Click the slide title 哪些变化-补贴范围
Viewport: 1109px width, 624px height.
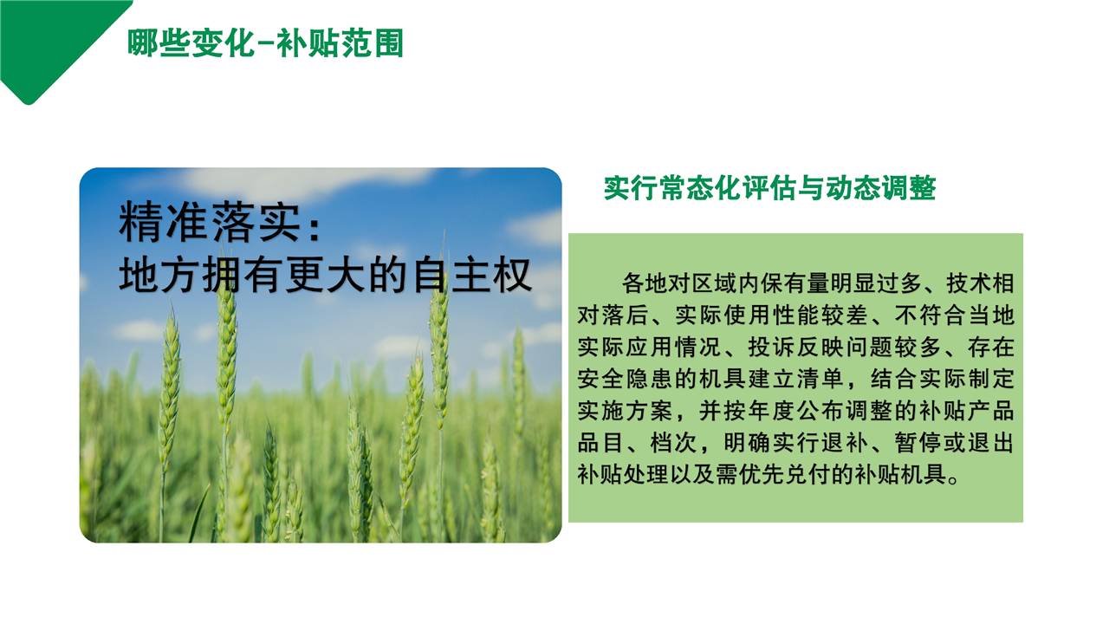point(265,43)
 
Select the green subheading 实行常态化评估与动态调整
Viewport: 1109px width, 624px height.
point(770,188)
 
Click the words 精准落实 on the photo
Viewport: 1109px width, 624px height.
point(210,223)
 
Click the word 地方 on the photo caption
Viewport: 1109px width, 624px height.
point(159,276)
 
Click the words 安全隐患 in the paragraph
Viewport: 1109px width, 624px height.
point(626,379)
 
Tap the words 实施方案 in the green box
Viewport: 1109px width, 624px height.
point(626,411)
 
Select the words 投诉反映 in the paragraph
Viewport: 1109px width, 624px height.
point(795,347)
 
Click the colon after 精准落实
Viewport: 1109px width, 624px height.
point(314,228)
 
